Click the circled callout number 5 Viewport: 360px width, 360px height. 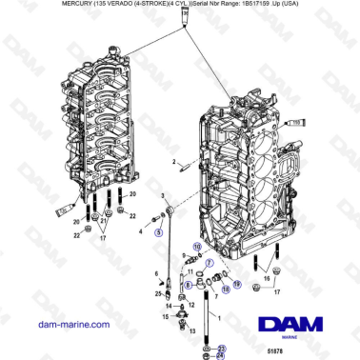pos(159,231)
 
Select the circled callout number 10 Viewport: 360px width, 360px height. pos(197,247)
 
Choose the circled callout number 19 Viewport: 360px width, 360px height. pos(237,284)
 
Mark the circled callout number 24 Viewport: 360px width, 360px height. pos(221,358)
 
